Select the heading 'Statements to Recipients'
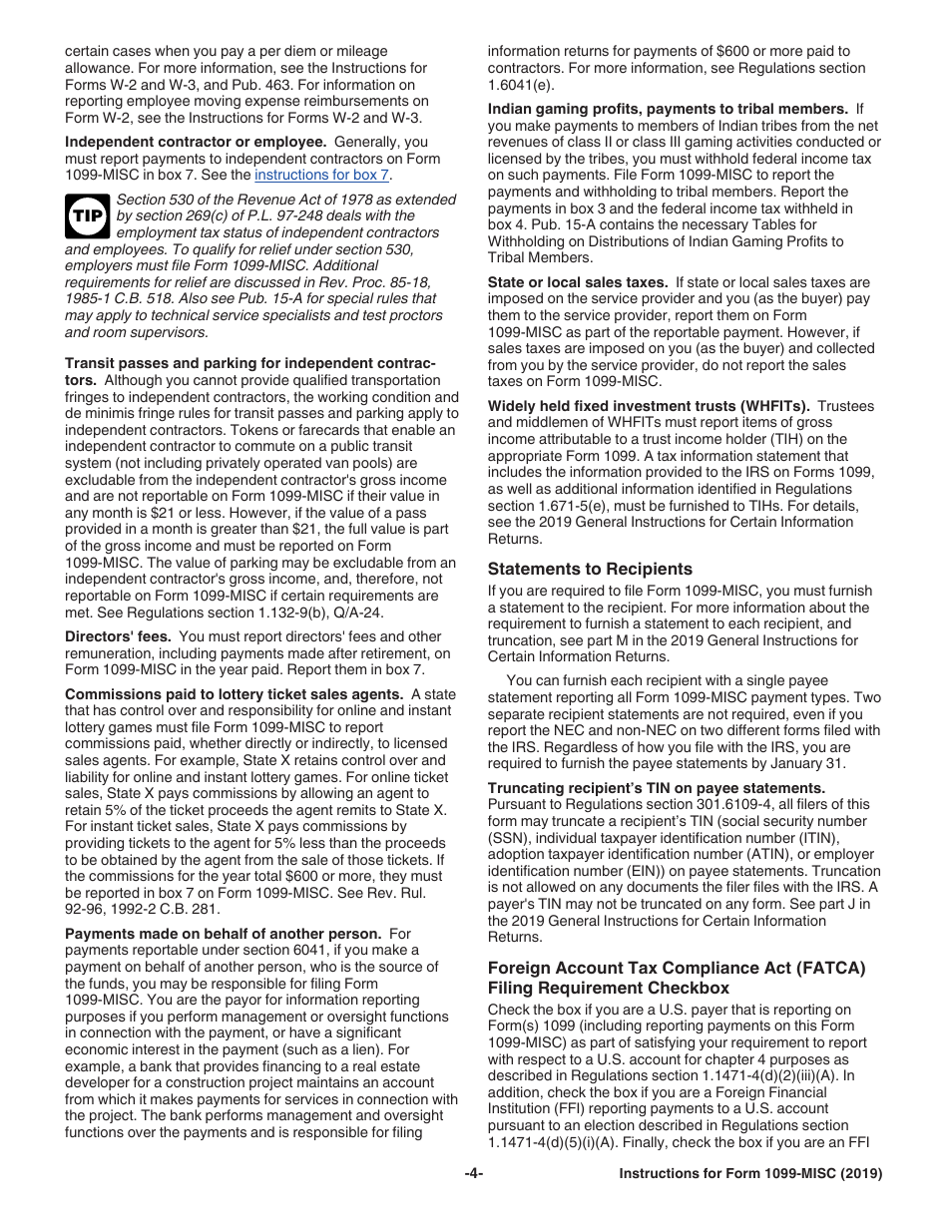590,569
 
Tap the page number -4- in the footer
474,1174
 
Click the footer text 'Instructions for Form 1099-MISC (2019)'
750,1174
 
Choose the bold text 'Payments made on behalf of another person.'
223,934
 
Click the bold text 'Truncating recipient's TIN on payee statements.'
657,788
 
